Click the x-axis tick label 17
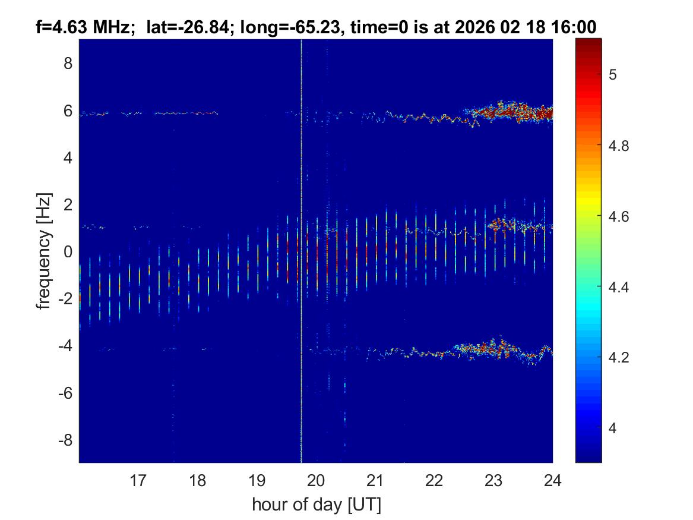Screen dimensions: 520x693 point(138,480)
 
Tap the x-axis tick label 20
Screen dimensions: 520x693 point(316,480)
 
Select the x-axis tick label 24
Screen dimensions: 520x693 point(553,480)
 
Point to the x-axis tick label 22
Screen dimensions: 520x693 point(434,480)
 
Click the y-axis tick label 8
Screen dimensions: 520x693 point(68,63)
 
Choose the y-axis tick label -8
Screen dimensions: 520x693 point(65,440)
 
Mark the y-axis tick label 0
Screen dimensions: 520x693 point(68,251)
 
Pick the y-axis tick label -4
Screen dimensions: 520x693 point(65,345)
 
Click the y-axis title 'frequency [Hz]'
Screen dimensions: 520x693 point(43,251)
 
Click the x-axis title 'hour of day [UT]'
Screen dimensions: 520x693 point(316,505)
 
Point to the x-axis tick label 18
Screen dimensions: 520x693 point(197,480)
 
